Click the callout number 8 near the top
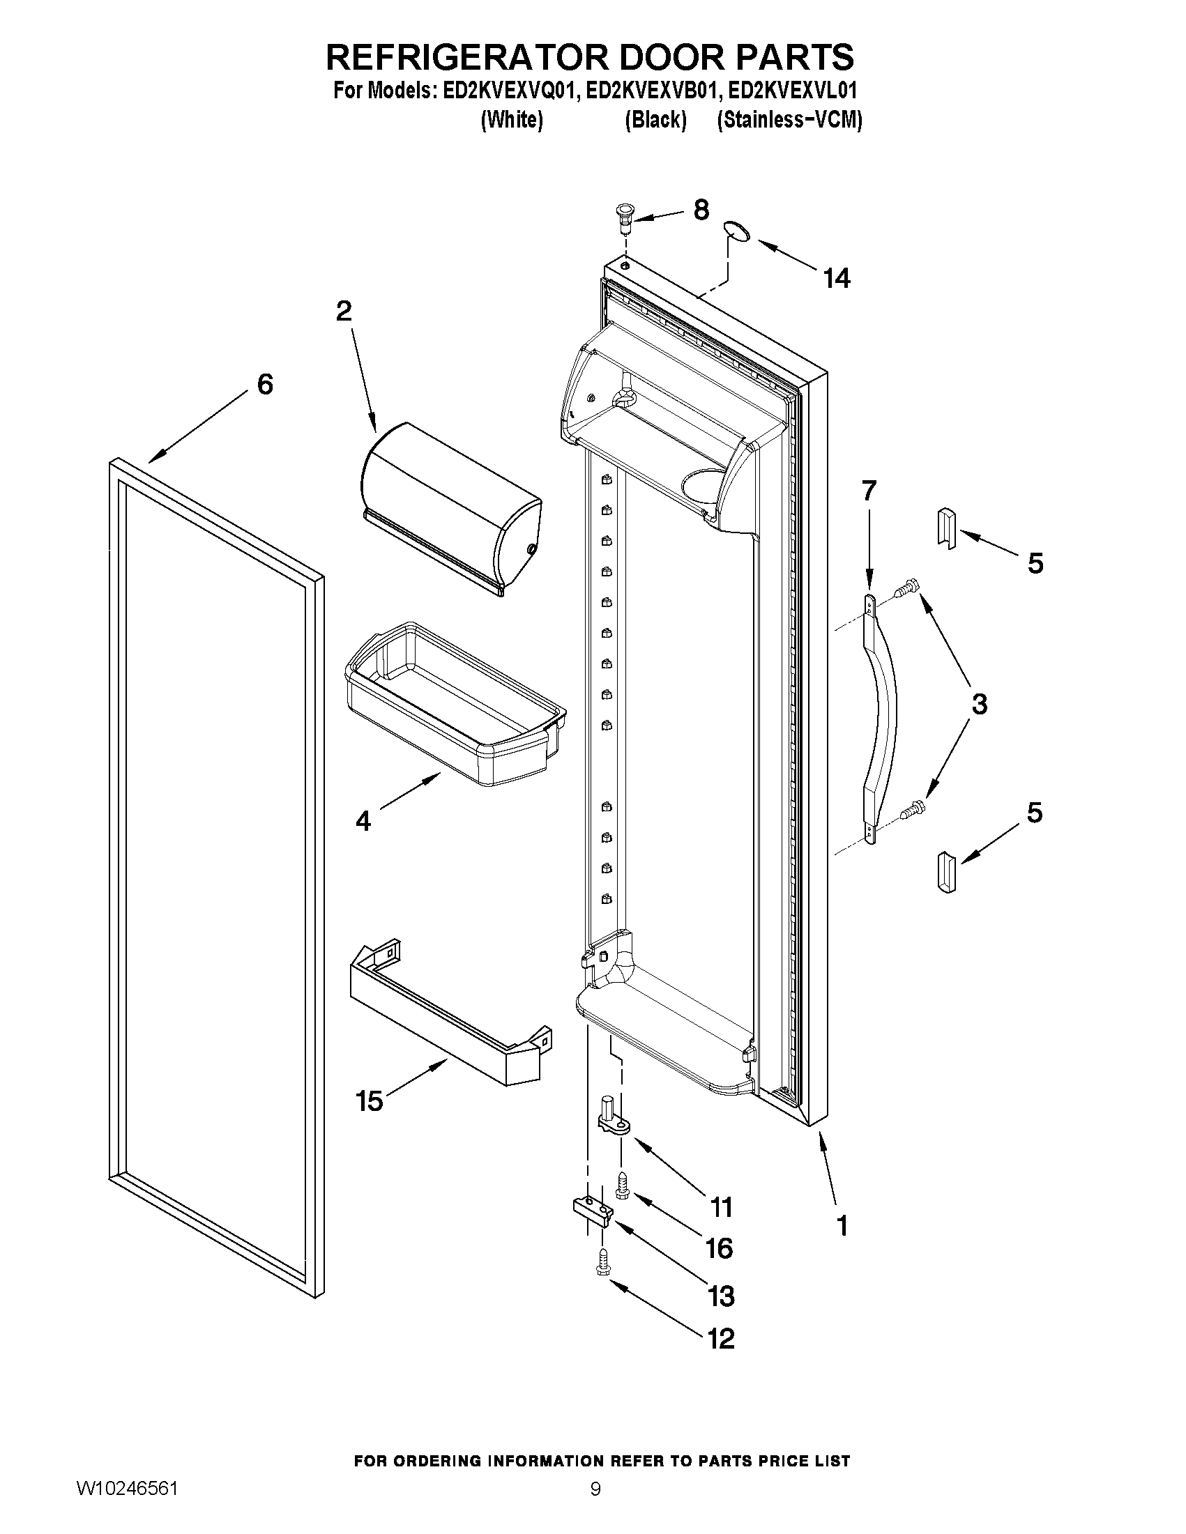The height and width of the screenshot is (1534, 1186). pyautogui.click(x=701, y=210)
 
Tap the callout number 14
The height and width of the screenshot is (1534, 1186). pyautogui.click(x=837, y=279)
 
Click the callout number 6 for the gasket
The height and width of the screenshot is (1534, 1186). pyautogui.click(x=264, y=384)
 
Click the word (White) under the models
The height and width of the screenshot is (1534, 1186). pyautogui.click(x=512, y=120)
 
